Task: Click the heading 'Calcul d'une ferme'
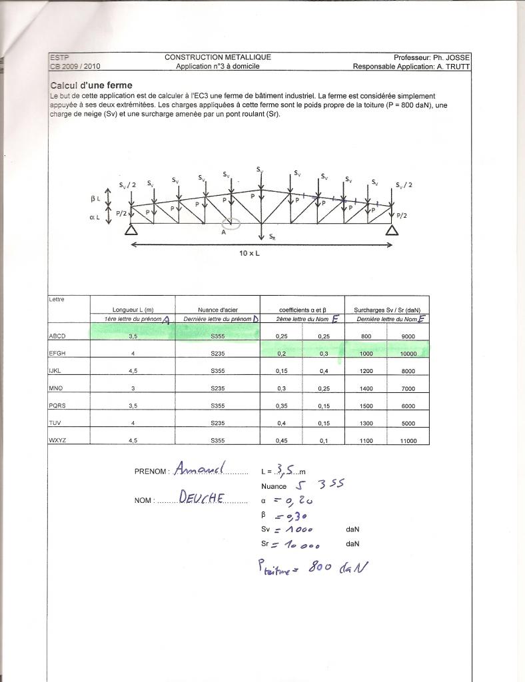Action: tap(91, 85)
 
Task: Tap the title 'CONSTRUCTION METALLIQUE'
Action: tap(218, 57)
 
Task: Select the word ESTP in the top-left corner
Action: tap(58, 57)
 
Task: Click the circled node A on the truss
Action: tap(231, 224)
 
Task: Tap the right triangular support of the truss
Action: tap(392, 230)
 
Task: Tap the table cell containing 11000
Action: tap(408, 440)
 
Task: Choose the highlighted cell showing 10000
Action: tap(408, 354)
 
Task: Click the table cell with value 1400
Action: tap(366, 388)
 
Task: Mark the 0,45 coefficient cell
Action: tap(281, 440)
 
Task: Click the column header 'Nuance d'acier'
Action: tap(217, 310)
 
